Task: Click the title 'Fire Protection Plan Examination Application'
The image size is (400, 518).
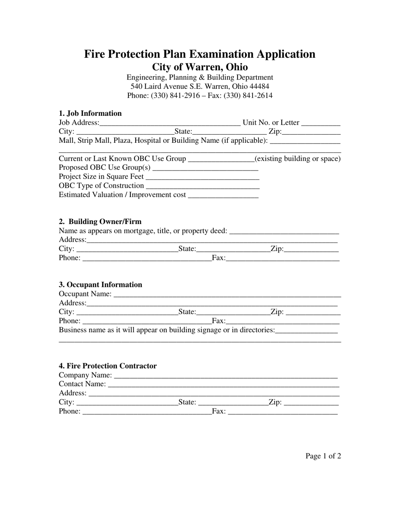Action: point(200,54)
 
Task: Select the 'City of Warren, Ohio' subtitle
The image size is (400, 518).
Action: point(200,67)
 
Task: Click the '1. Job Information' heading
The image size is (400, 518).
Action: point(90,113)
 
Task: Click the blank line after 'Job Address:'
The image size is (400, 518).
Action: point(170,123)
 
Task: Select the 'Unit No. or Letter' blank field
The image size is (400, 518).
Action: point(321,123)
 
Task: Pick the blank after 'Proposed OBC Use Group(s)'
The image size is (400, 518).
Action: point(205,168)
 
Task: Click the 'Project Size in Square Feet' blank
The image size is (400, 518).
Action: point(202,177)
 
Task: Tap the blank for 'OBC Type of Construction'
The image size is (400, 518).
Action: point(203,186)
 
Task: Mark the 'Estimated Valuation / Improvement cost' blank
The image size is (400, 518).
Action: point(223,195)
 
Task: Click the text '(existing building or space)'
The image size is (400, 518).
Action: point(298,159)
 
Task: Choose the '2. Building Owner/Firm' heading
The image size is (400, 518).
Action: point(100,222)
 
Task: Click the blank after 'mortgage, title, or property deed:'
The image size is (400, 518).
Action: point(284,231)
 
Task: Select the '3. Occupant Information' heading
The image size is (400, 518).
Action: point(101,285)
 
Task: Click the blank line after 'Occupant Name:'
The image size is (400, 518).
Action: point(227,294)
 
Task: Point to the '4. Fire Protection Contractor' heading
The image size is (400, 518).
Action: point(108,366)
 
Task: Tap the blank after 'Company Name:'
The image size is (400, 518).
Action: point(226,375)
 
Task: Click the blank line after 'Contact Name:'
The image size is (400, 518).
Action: point(224,384)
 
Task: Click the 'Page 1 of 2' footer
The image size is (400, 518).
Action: point(323,456)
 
